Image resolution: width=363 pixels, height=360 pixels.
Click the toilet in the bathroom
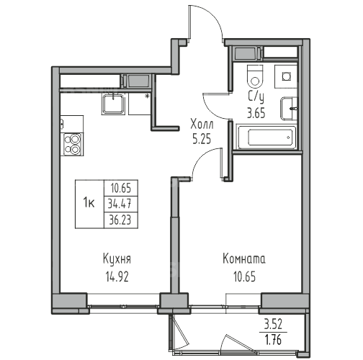coord(255,76)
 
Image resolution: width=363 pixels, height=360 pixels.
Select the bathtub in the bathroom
coord(266,137)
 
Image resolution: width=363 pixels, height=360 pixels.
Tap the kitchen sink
coord(113,104)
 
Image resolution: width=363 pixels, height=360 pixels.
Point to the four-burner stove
coord(72,145)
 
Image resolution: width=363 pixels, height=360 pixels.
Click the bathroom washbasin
coord(289,109)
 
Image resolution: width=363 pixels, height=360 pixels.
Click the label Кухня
coord(117,260)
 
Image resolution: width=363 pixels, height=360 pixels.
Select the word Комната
coord(244,259)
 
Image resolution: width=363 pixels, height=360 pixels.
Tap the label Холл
coord(202,125)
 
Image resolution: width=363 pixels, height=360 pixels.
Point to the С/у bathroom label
coord(256,98)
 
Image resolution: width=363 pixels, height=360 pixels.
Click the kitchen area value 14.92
coord(117,277)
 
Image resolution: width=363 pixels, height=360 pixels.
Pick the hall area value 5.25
coord(202,139)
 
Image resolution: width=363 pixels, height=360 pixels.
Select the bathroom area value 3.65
coord(256,113)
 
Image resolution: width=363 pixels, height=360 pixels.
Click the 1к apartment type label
coord(89,204)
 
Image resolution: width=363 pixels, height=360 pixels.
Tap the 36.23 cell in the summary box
coord(121,220)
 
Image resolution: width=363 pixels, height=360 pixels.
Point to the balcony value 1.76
coord(273,339)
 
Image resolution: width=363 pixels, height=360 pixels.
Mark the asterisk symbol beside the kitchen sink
coord(147,96)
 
